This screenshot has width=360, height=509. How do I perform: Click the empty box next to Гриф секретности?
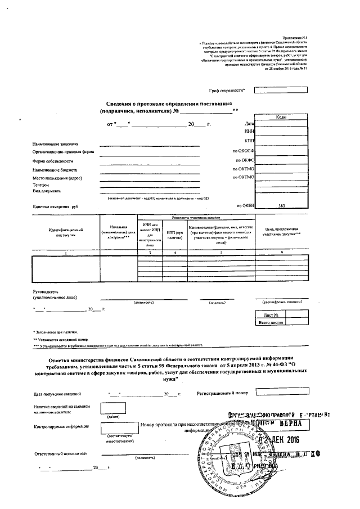pyautogui.click(x=273, y=90)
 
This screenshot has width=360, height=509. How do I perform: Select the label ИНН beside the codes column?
pyautogui.click(x=249, y=130)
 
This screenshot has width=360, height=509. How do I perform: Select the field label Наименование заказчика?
pyautogui.click(x=55, y=144)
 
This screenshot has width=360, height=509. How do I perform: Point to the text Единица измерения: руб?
pyautogui.click(x=55, y=206)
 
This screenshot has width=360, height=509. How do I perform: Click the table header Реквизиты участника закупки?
pyautogui.click(x=195, y=217)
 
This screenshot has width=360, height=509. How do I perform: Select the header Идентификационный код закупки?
pyautogui.click(x=65, y=232)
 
